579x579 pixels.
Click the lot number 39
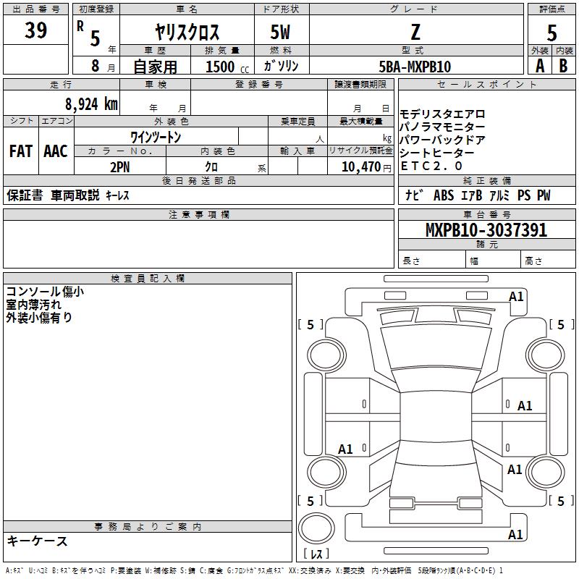(35, 30)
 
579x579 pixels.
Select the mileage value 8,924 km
(92, 104)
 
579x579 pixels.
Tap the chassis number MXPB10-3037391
(486, 230)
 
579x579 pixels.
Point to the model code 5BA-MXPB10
(415, 67)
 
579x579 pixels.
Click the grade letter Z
(415, 32)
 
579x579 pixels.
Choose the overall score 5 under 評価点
(551, 33)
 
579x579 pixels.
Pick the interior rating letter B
(563, 66)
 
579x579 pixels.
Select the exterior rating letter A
(540, 66)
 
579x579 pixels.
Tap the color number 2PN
(120, 167)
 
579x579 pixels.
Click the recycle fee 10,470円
(366, 167)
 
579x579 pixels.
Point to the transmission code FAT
(21, 151)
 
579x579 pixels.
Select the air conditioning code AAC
(56, 151)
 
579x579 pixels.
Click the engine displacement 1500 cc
(227, 67)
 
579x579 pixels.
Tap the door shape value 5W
(280, 32)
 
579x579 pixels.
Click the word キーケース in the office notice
(37, 541)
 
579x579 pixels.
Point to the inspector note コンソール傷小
(45, 292)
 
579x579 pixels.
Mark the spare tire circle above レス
(316, 528)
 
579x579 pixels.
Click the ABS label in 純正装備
(444, 195)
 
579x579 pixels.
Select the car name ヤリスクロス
(187, 32)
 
